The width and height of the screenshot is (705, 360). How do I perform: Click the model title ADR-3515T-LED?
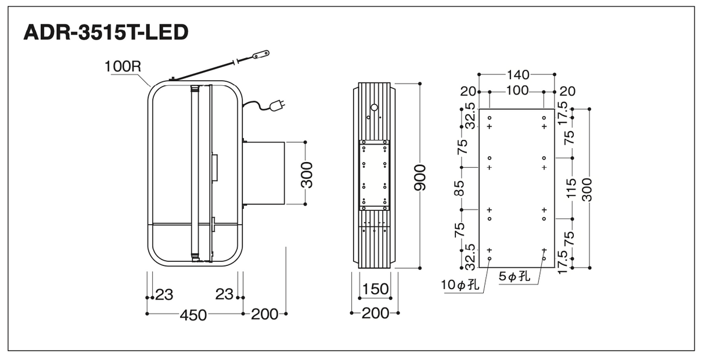coord(106,33)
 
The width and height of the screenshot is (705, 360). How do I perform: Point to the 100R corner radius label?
coord(123,67)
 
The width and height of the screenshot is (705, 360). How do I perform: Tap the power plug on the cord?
coord(277,105)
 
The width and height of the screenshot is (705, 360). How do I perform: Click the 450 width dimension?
coord(193,315)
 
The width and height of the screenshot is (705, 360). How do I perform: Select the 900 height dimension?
coord(420,178)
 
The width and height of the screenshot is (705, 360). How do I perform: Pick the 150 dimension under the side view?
coord(376,289)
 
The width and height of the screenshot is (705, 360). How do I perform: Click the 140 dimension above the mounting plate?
coord(518,75)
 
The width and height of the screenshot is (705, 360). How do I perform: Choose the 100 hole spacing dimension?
coord(517,91)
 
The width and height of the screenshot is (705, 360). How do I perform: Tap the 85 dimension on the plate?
coord(460,188)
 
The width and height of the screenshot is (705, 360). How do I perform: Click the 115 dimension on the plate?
coord(571,188)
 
